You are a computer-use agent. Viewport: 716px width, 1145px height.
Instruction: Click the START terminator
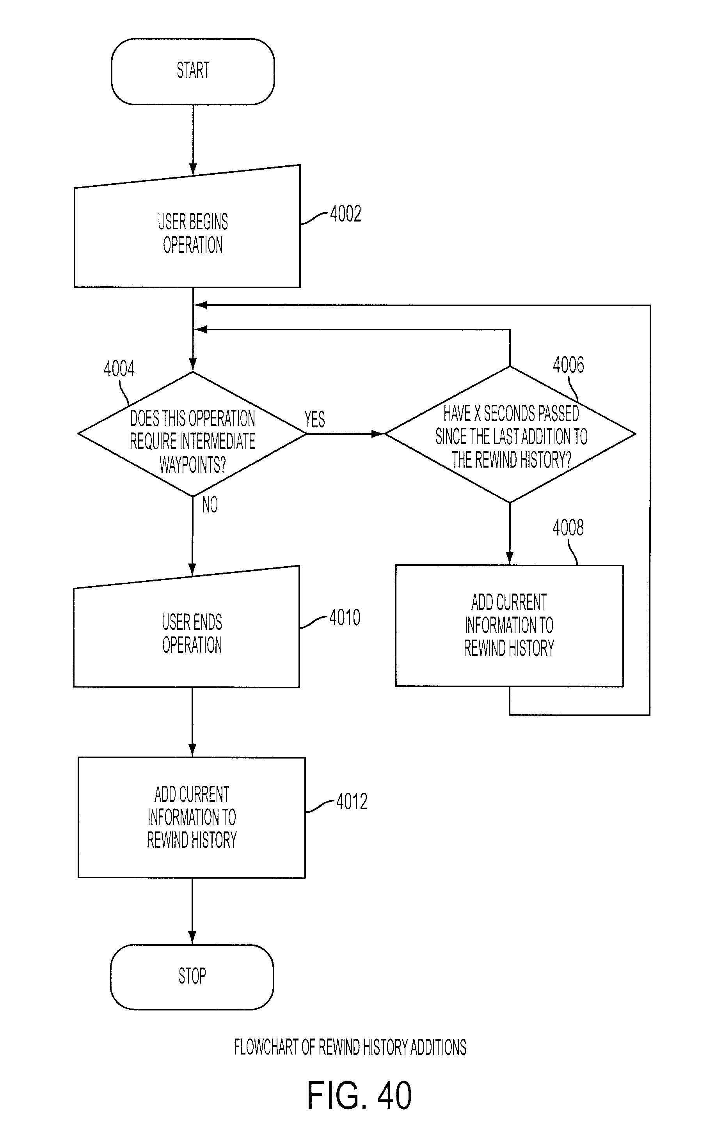point(193,71)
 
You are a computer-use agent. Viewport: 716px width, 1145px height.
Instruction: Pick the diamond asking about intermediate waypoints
point(192,434)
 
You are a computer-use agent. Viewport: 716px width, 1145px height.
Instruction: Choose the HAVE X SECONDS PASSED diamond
point(510,434)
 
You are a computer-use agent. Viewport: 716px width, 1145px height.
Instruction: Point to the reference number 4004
point(119,369)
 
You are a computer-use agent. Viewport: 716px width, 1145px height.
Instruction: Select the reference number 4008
point(568,528)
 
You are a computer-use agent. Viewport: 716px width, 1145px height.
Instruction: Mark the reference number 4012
point(352,801)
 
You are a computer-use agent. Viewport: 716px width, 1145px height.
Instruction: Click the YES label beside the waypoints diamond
point(315,419)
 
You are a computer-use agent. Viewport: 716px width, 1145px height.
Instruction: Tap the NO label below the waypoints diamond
point(210,505)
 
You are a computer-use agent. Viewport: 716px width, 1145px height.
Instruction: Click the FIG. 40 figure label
point(359,1095)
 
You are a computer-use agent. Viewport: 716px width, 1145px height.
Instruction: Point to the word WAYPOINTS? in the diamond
point(192,464)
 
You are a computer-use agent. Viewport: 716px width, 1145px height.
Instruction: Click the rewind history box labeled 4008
point(510,626)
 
